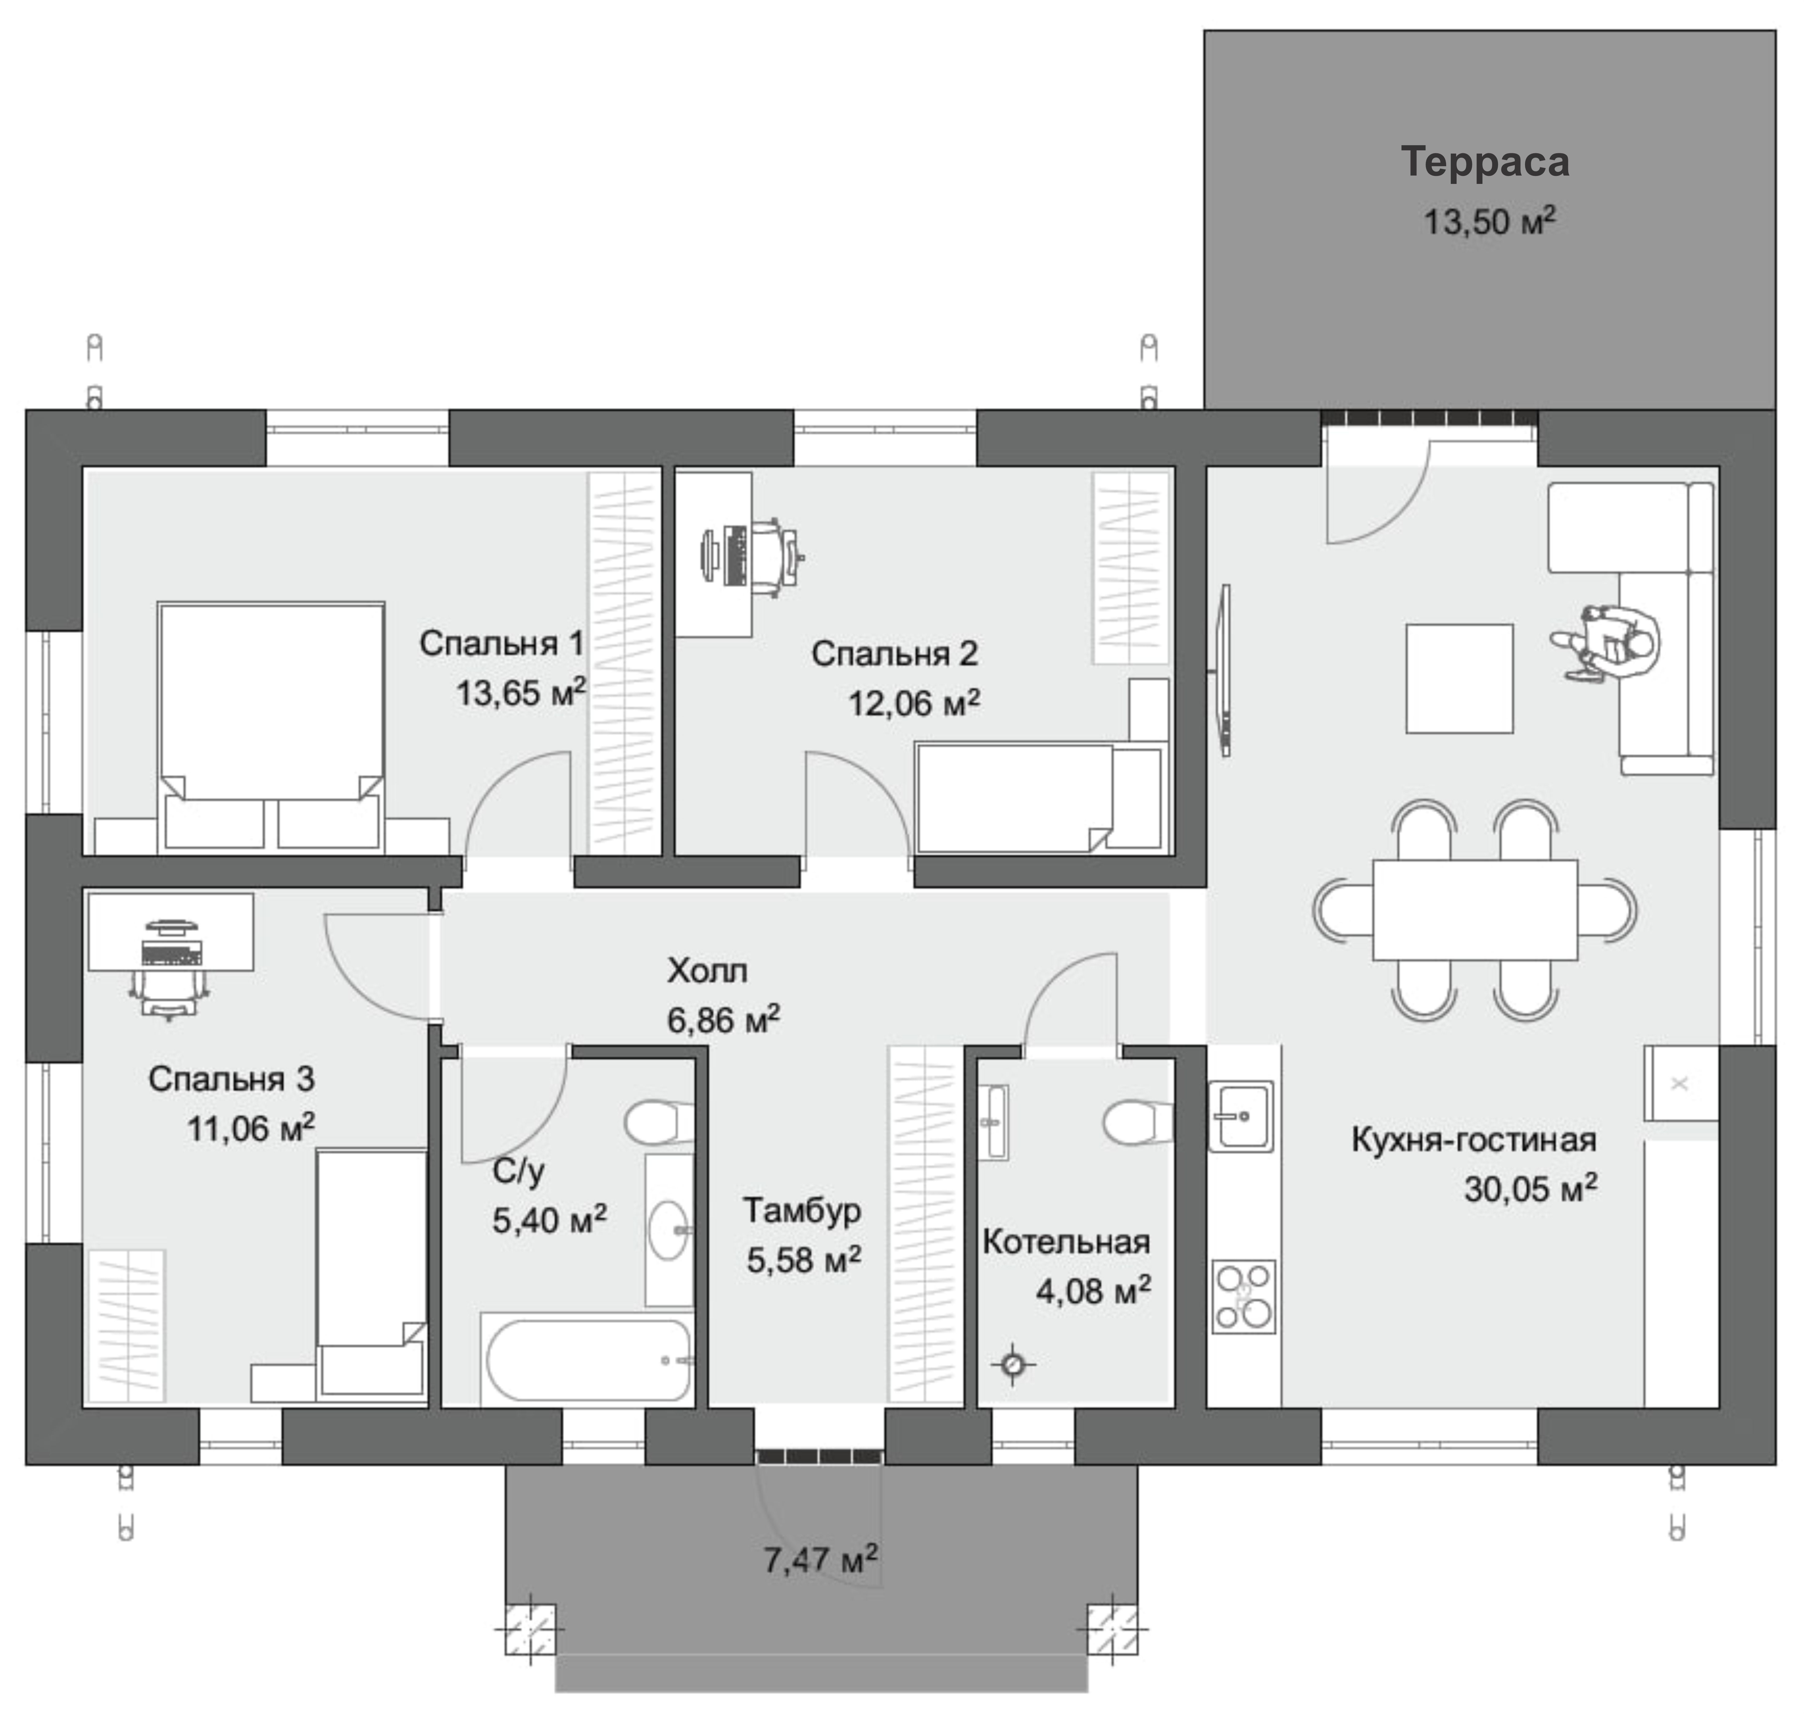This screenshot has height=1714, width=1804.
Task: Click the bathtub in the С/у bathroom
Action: click(x=588, y=1359)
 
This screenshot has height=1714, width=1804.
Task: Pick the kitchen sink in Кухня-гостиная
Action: click(x=1241, y=1116)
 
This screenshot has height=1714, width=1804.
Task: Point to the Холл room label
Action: click(x=707, y=970)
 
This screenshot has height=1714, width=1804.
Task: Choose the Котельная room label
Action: click(x=1066, y=1242)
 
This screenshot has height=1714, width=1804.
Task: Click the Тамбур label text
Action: click(x=801, y=1211)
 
